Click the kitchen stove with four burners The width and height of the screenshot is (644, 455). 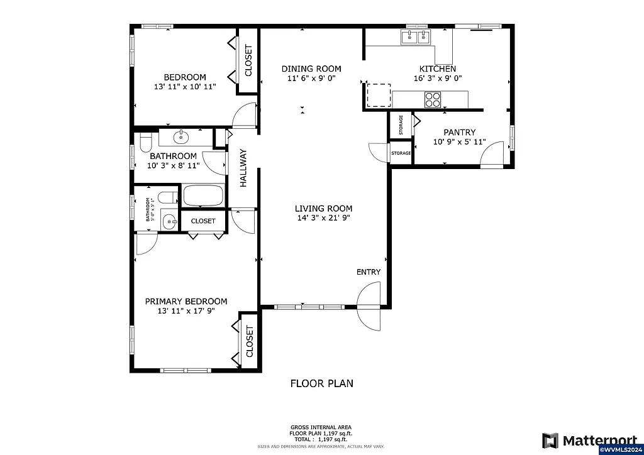433,99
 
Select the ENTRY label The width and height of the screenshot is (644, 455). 369,272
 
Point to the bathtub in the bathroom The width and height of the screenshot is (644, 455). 203,195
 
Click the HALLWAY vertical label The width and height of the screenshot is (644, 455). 243,168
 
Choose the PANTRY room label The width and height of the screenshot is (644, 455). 459,133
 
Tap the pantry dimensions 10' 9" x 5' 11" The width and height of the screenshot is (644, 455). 459,142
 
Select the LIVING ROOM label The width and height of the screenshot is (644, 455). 323,209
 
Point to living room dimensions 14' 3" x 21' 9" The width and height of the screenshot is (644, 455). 323,218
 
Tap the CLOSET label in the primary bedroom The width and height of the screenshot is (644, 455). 249,341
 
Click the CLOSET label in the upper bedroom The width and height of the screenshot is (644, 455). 248,61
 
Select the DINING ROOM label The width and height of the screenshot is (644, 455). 311,69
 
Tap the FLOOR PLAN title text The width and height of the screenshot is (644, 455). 321,383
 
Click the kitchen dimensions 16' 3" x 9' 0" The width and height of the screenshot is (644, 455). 438,79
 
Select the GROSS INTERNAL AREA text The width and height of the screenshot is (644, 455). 321,427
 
